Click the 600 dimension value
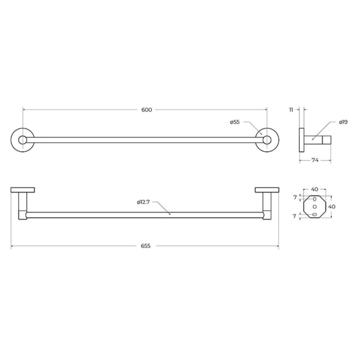146,110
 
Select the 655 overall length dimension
146,246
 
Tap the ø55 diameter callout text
235,122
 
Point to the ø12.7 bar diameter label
144,202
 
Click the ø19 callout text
344,122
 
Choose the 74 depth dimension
315,160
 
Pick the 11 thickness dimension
291,110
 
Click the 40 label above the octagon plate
314,190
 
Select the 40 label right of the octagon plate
332,207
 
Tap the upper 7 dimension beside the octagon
295,197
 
